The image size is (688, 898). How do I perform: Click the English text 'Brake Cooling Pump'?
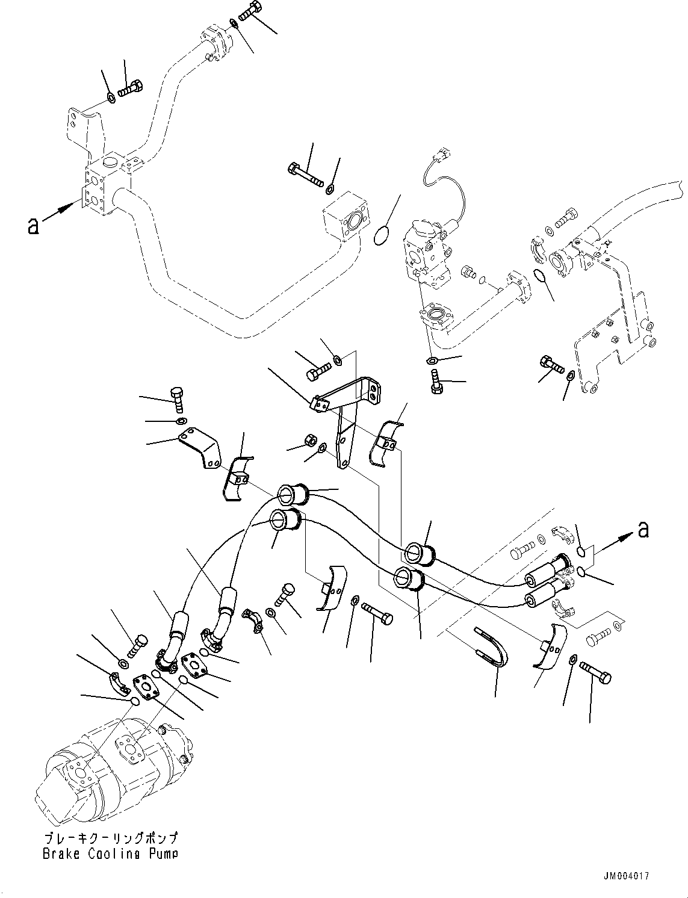point(110,853)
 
